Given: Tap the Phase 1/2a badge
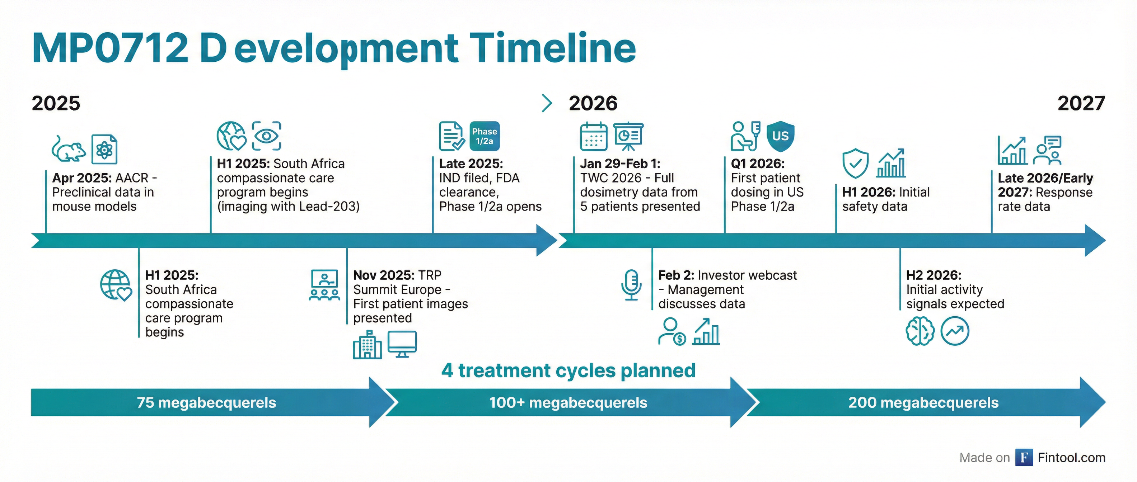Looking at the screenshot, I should click(x=484, y=136).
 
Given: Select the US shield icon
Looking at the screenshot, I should click(x=780, y=136).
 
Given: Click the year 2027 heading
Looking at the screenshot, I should click(x=1081, y=103).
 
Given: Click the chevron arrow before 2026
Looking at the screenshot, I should click(x=547, y=103).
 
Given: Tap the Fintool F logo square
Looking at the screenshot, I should click(x=1024, y=457).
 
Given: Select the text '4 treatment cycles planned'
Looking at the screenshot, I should click(x=568, y=370).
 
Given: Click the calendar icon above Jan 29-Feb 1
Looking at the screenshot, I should click(x=593, y=137).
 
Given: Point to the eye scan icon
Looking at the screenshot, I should click(x=266, y=136).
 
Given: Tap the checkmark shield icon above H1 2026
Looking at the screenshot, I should click(x=855, y=163).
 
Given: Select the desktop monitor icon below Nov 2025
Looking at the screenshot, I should click(x=402, y=344).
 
